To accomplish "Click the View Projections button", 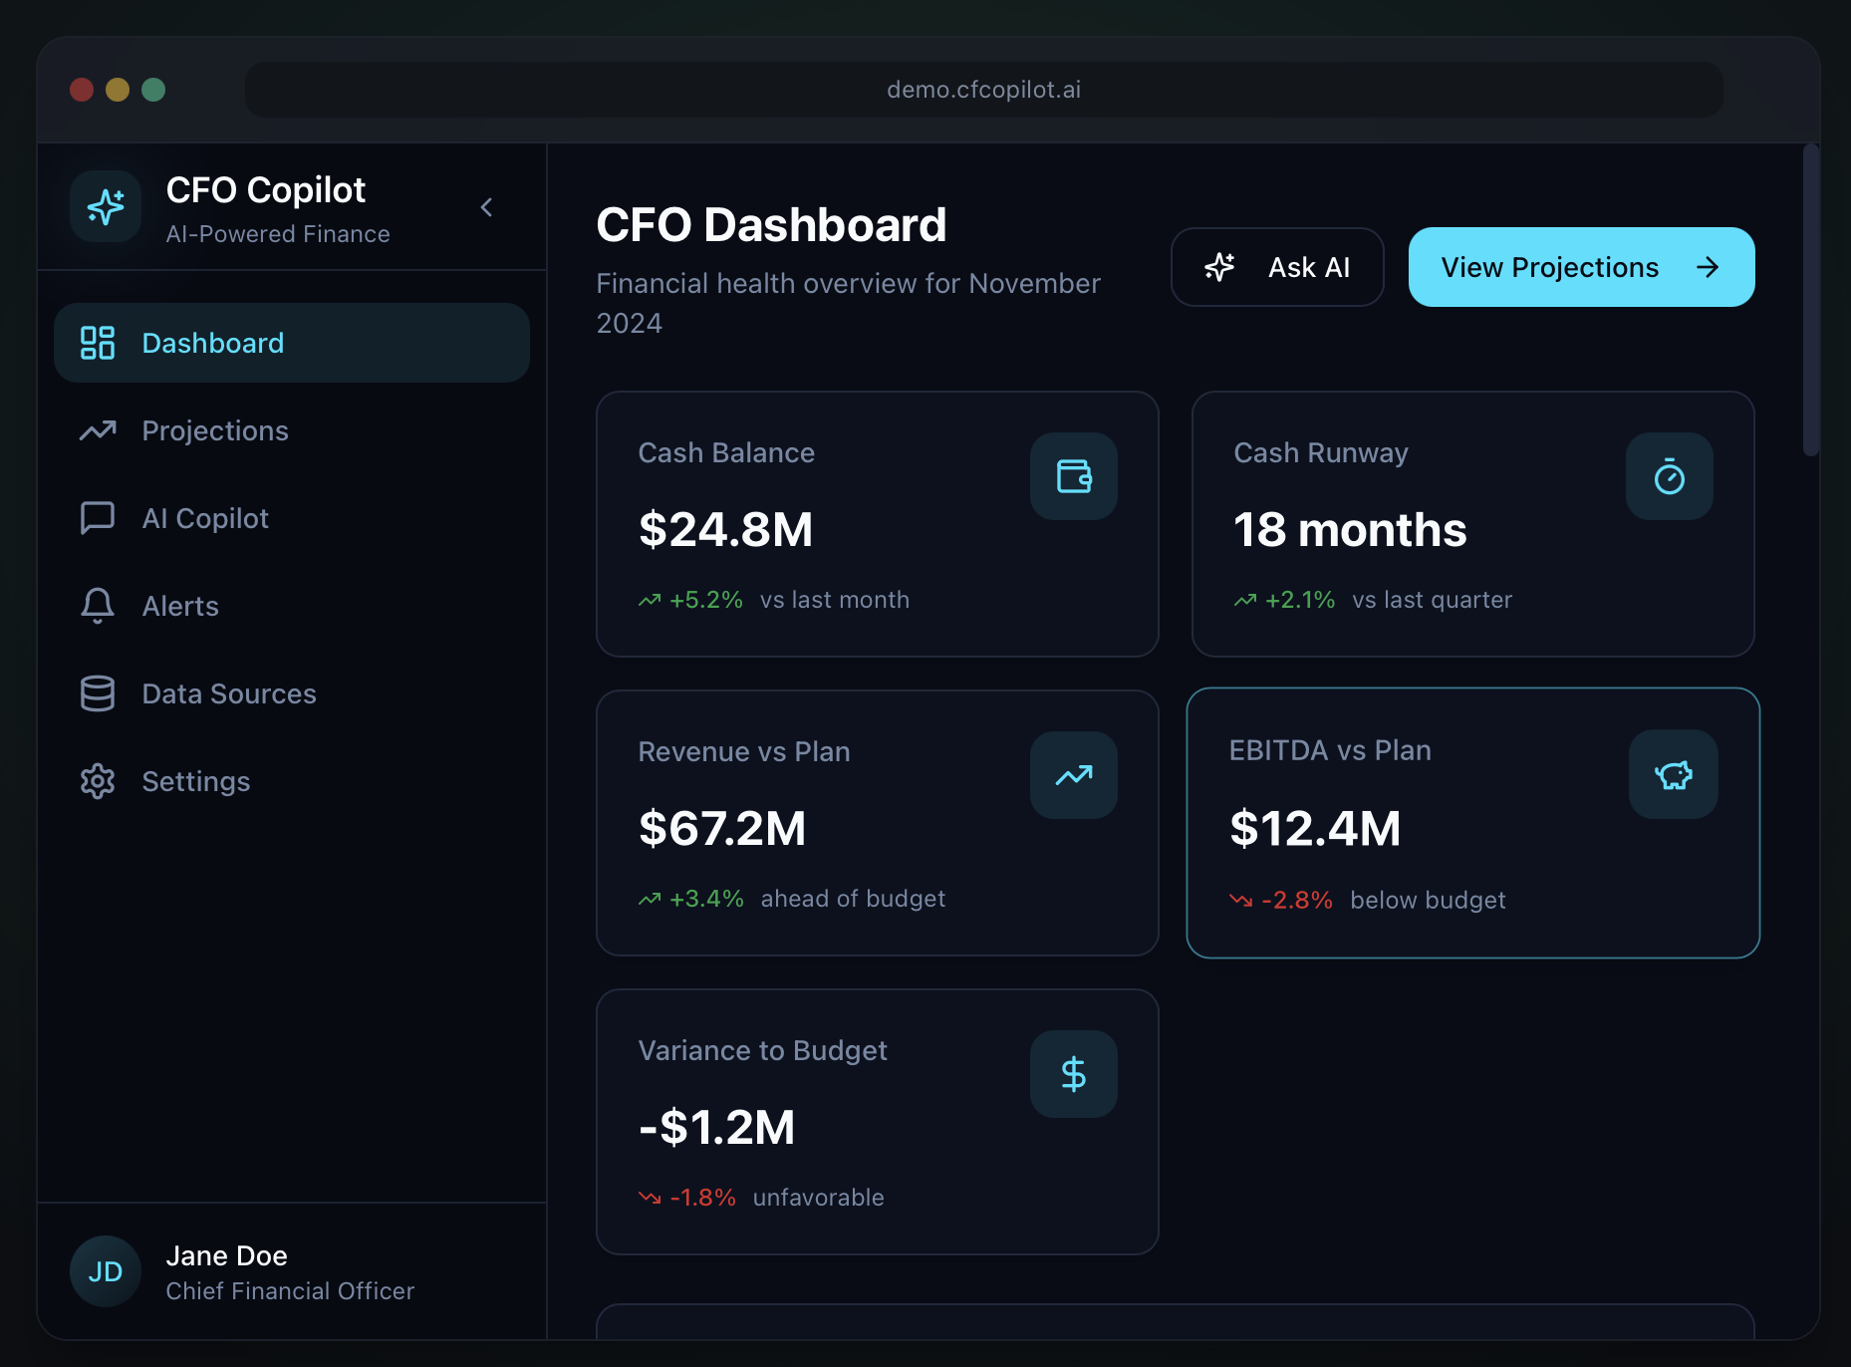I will pos(1580,267).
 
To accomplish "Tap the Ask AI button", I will pos(1276,267).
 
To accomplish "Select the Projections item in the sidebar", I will pos(214,430).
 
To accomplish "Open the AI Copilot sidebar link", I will pos(204,518).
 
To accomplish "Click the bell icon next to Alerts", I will pos(98,606).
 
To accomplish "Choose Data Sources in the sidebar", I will pos(228,693).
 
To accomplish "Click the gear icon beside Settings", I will pos(98,781).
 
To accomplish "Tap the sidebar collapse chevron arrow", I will pos(486,207).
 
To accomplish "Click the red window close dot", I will pos(82,90).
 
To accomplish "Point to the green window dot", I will pos(153,90).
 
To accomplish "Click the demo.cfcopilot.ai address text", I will pos(983,90).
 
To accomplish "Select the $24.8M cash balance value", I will pos(725,529).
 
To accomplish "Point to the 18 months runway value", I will pos(1349,529).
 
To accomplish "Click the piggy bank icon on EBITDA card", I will pos(1673,775).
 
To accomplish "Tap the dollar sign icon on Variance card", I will pos(1073,1074).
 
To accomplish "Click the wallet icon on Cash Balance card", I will pos(1073,476).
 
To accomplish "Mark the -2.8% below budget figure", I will pos(1296,900).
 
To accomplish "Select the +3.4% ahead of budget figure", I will pos(705,899).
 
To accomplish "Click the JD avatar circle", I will pos(106,1271).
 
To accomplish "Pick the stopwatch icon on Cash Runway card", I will pos(1669,476).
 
